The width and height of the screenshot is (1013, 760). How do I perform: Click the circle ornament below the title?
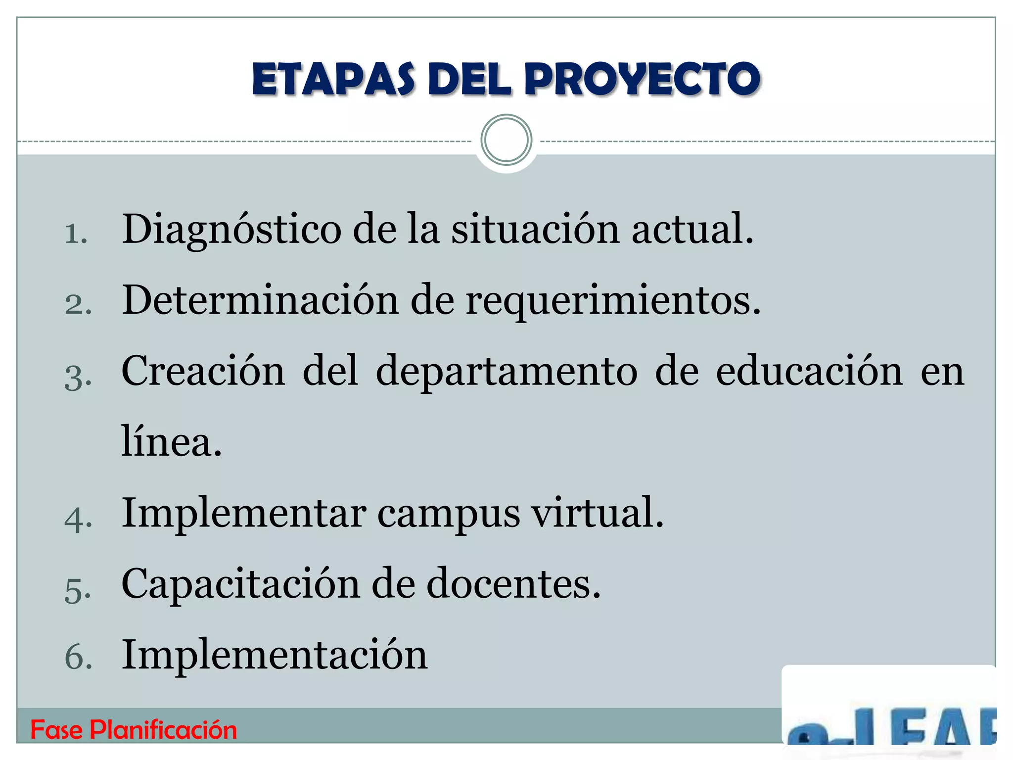[506, 140]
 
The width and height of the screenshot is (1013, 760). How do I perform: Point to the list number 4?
[78, 519]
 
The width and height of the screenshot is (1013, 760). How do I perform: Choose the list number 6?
[78, 658]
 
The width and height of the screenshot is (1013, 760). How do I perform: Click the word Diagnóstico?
[231, 230]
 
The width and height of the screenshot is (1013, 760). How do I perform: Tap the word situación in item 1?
[535, 229]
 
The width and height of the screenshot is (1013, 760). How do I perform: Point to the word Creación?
[203, 371]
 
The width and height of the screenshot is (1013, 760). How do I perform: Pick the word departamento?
[506, 372]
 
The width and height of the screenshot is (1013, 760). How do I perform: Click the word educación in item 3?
[809, 371]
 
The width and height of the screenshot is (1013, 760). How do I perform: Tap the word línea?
[171, 441]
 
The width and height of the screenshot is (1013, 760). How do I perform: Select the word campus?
[449, 514]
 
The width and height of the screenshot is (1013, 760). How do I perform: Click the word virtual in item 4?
[597, 513]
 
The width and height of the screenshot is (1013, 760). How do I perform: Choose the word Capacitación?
[240, 584]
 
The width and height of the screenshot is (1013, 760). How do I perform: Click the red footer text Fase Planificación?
[134, 730]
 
